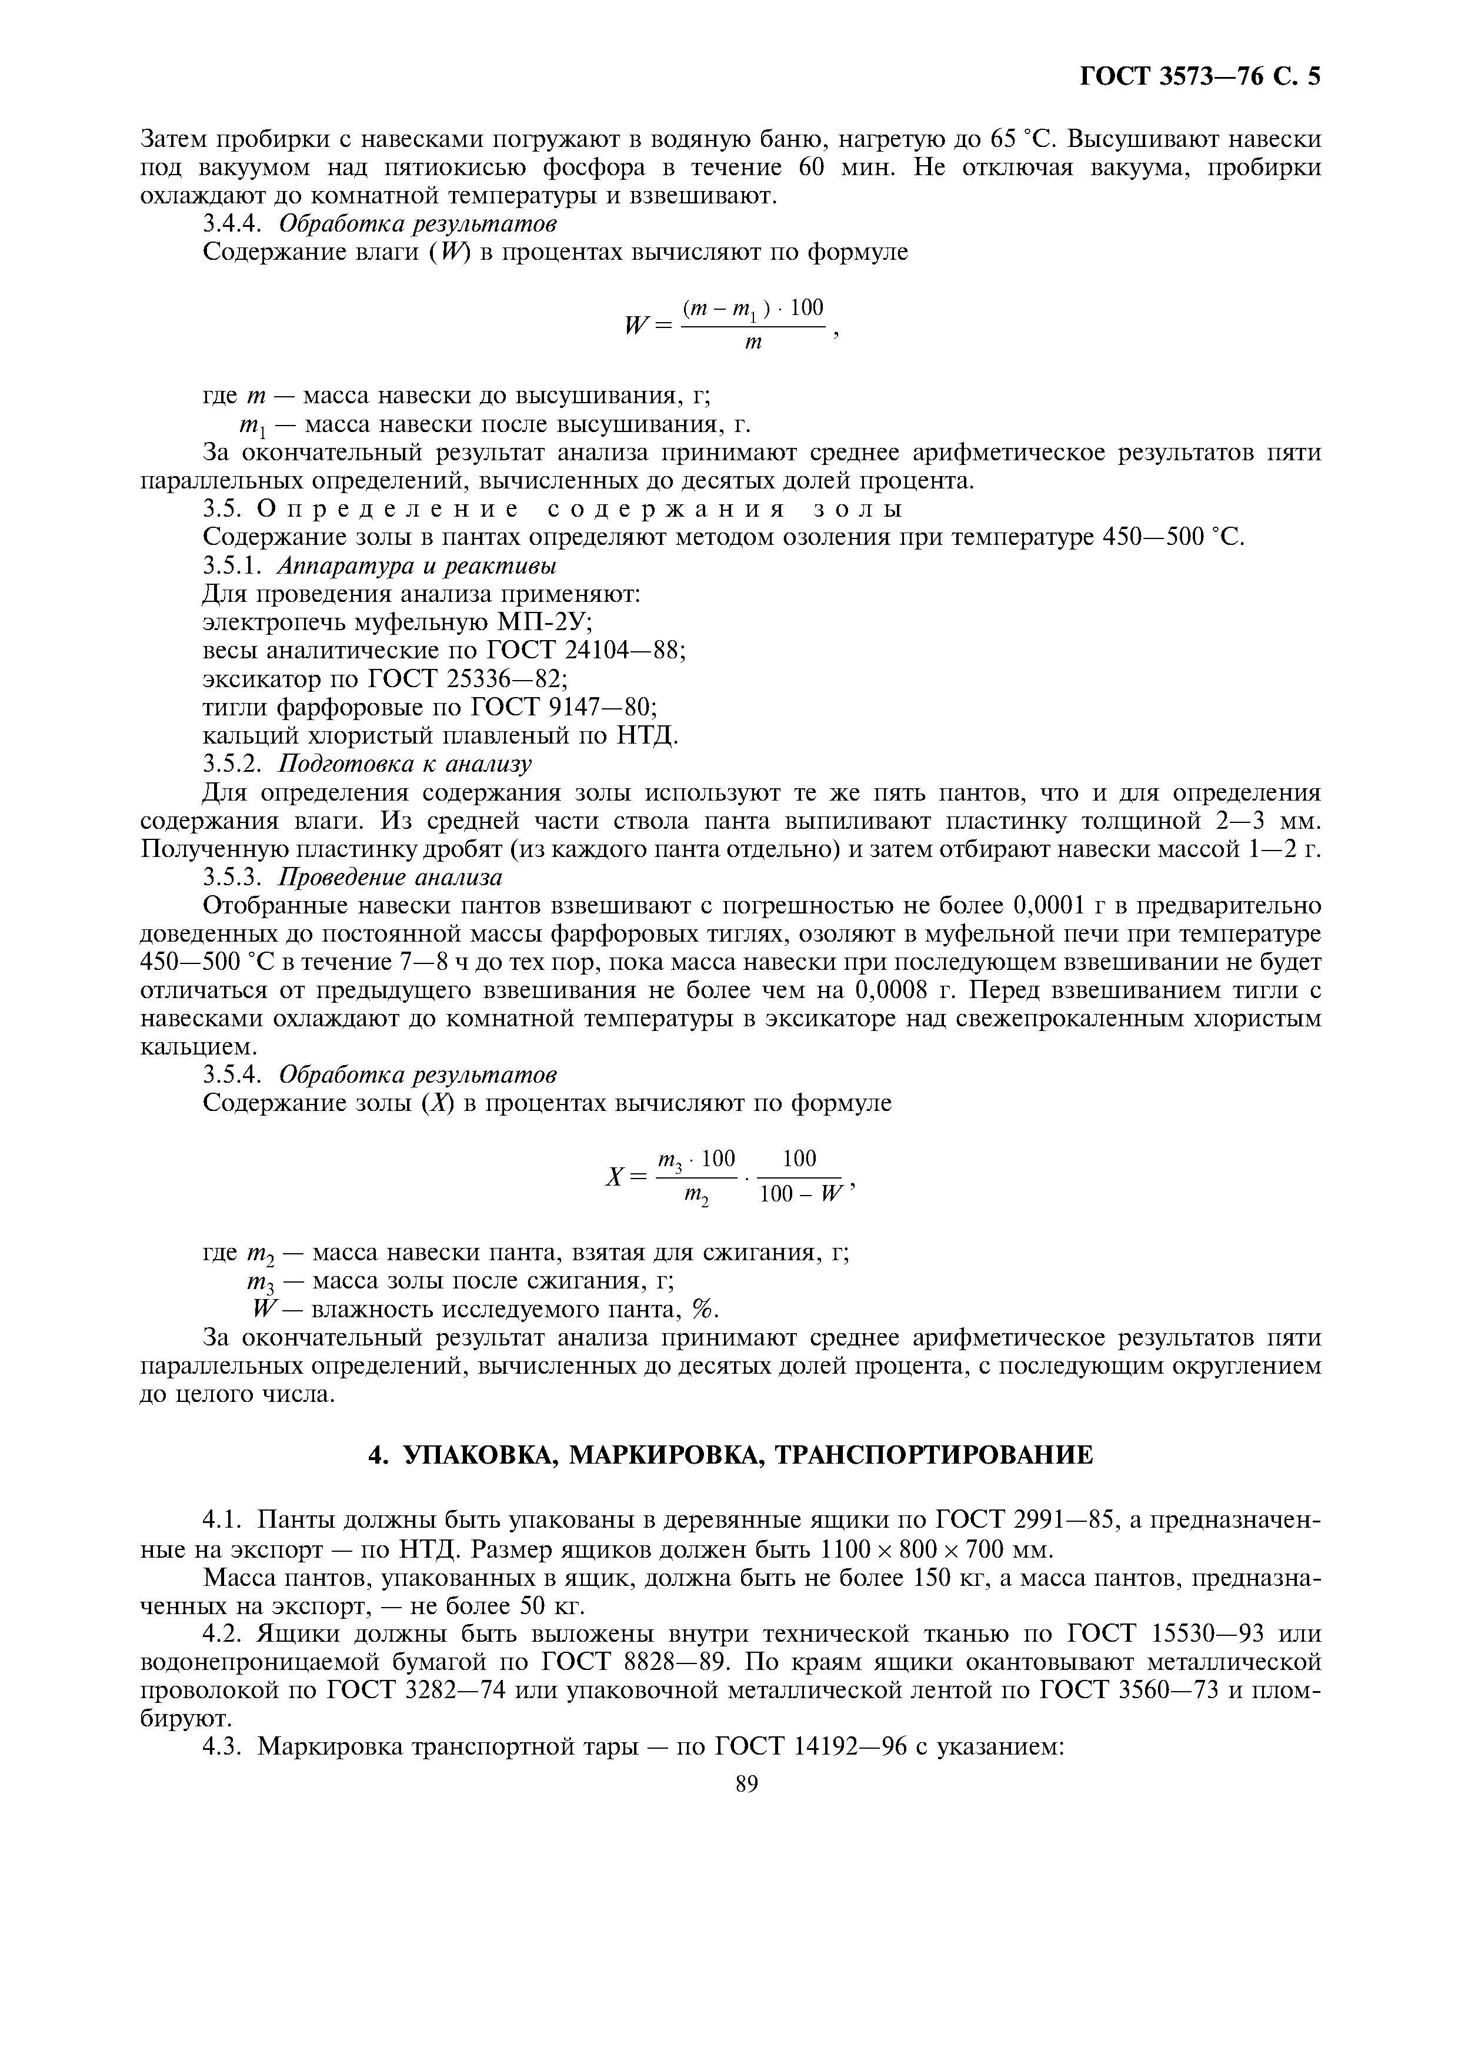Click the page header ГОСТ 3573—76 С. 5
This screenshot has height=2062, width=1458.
[1199, 77]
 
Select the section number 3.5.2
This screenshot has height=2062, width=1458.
[232, 764]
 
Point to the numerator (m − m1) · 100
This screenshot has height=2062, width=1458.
[753, 309]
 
